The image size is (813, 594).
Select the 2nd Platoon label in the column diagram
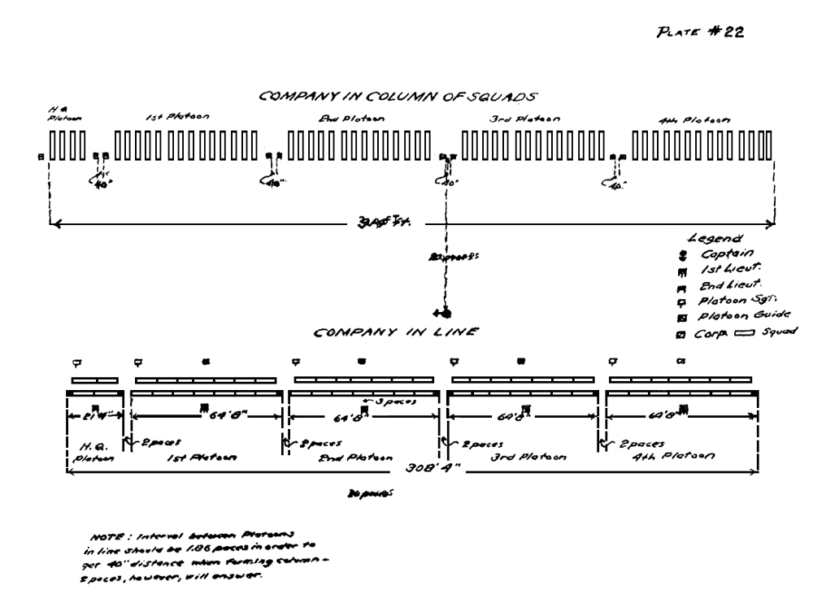pos(351,119)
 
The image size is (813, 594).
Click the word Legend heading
pos(711,240)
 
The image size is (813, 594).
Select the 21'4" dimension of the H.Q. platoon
pos(88,416)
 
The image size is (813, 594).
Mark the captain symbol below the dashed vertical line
pos(446,313)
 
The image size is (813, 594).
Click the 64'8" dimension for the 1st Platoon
pos(228,416)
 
